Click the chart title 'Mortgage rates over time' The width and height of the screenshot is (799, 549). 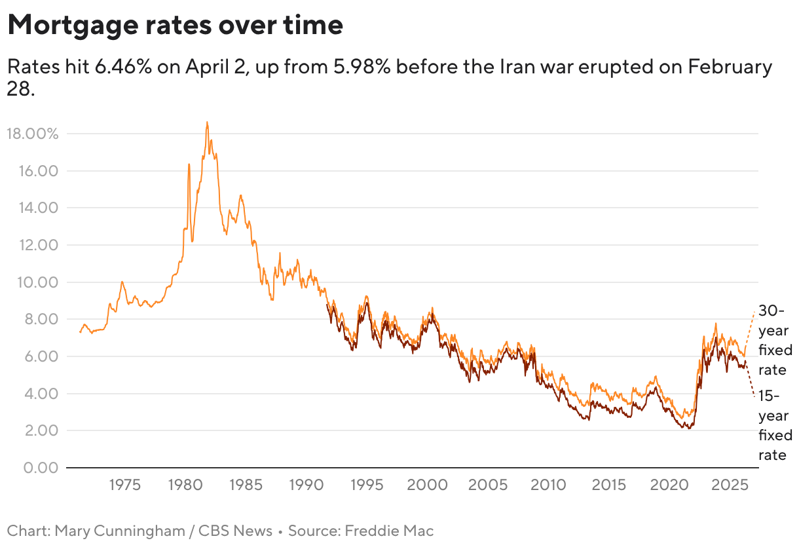click(175, 26)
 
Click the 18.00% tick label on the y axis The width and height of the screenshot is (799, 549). click(33, 134)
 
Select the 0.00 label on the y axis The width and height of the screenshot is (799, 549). click(40, 468)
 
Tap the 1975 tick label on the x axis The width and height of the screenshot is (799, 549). click(124, 485)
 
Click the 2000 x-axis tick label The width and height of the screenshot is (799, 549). click(427, 485)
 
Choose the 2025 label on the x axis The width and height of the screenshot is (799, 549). click(730, 485)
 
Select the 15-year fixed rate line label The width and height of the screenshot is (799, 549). click(775, 425)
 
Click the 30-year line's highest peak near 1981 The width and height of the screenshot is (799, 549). click(207, 123)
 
